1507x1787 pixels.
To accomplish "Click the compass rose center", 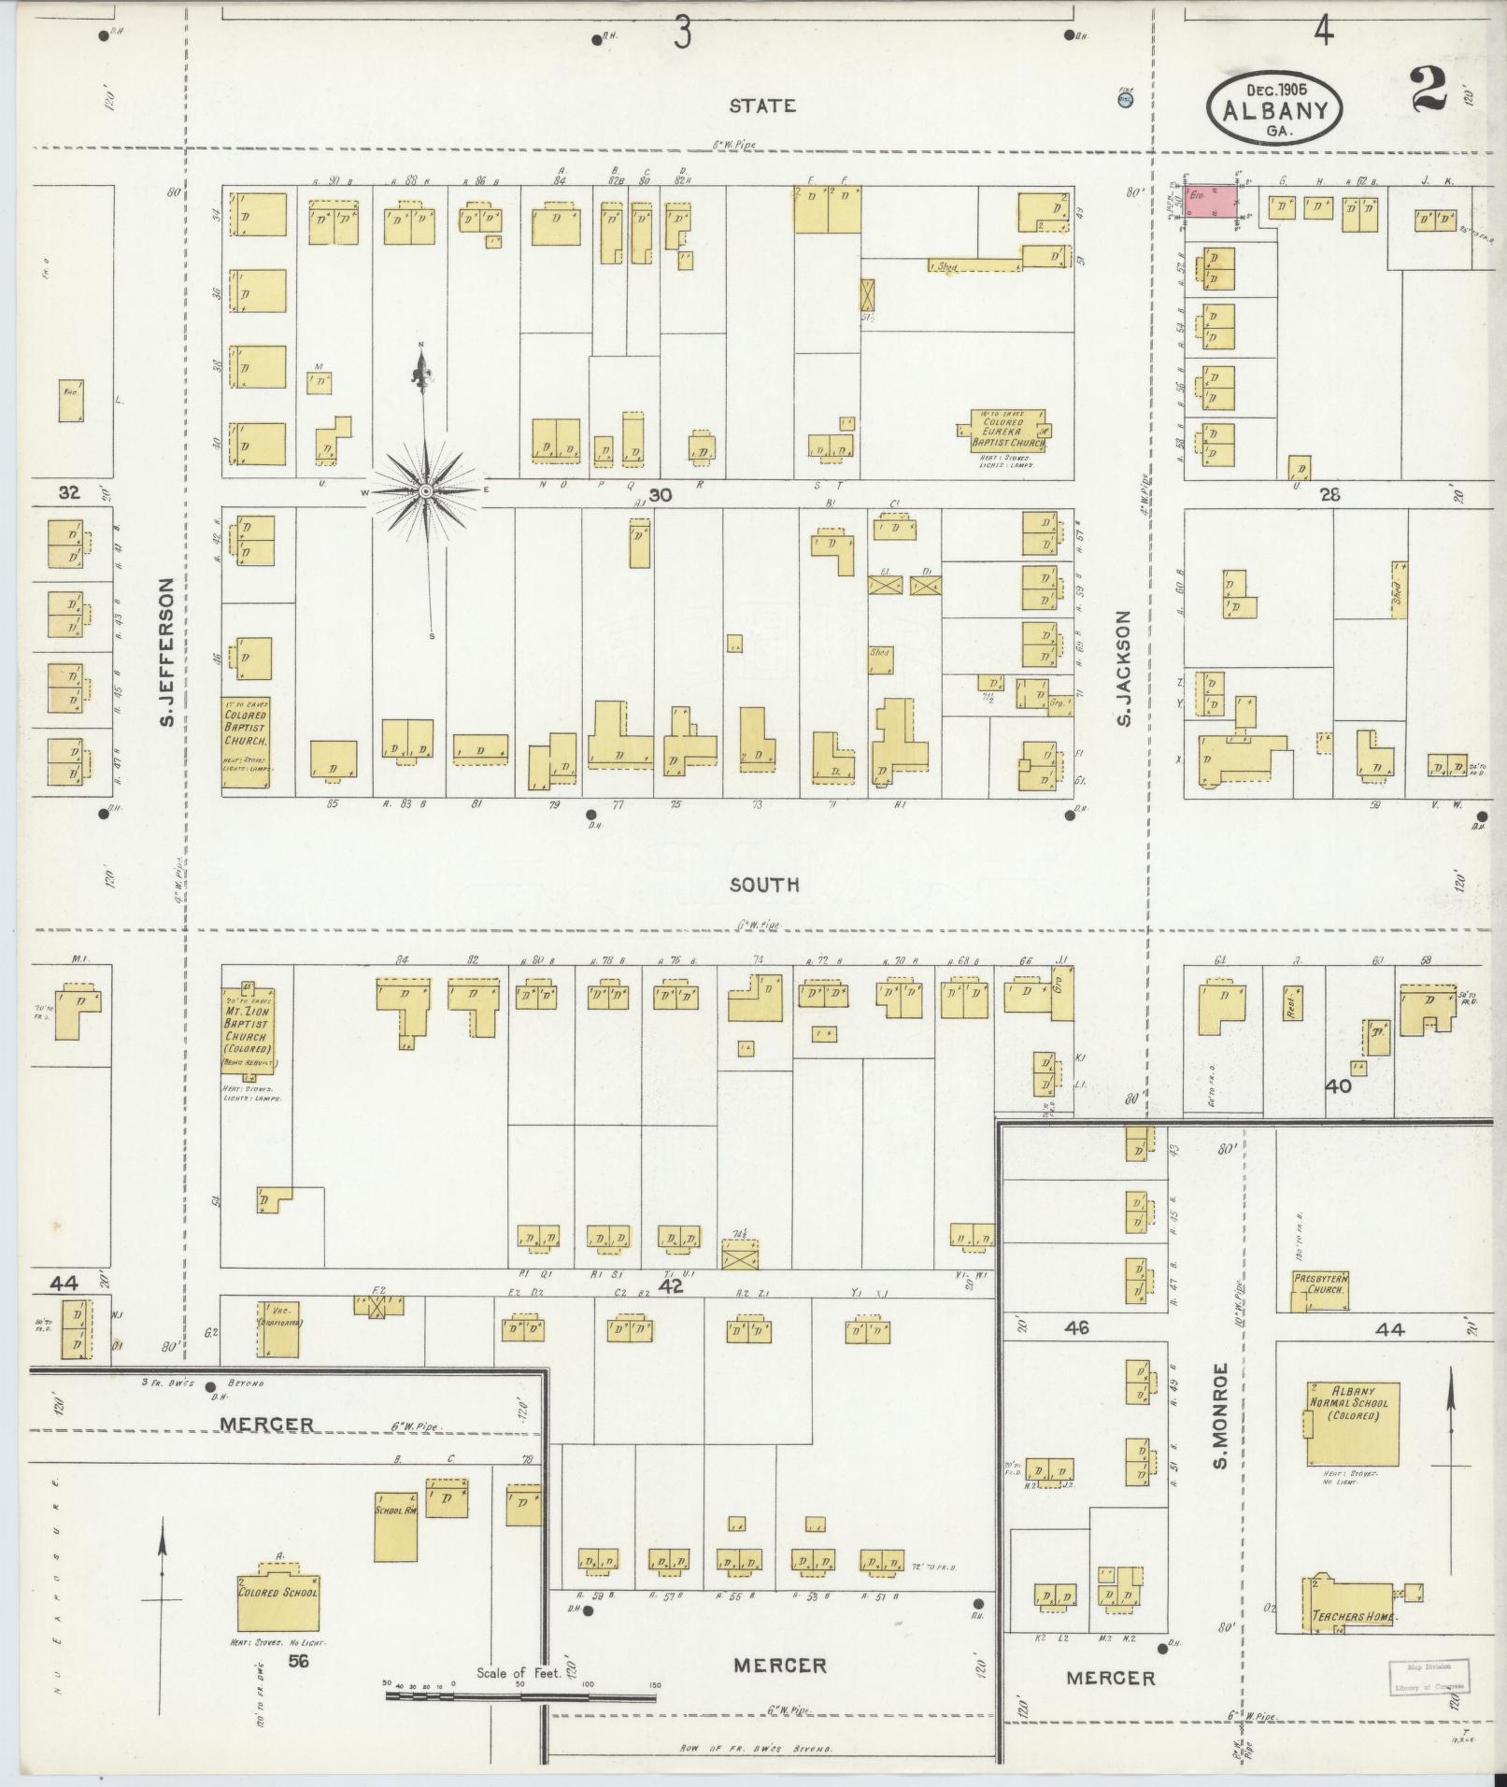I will [426, 490].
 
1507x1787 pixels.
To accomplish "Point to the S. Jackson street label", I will [1123, 668].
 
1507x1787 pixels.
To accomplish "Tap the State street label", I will [763, 106].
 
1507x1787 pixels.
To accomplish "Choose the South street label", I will [764, 884].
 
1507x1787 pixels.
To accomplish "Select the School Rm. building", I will [395, 1525].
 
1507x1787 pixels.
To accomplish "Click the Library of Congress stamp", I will [1428, 1676].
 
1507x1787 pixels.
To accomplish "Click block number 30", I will [660, 496].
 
